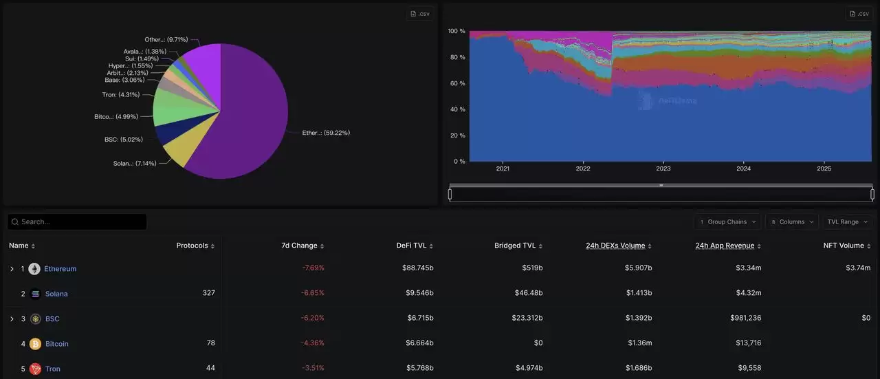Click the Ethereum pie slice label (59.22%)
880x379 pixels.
point(326,133)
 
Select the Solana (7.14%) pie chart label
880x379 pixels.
point(134,164)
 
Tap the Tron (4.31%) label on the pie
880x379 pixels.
point(120,95)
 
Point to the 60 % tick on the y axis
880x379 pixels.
point(457,83)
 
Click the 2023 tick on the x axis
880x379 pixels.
point(663,169)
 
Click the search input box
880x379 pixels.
point(77,221)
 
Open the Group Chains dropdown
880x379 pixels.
point(727,221)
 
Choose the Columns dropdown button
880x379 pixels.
point(791,221)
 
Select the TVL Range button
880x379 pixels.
point(848,221)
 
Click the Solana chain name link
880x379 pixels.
point(56,294)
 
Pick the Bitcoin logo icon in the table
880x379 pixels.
point(35,344)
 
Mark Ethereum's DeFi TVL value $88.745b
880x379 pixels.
point(417,268)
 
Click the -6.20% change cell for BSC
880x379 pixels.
point(313,318)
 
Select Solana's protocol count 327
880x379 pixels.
point(208,293)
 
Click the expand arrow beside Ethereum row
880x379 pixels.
point(12,269)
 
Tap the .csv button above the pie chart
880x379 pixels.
point(419,14)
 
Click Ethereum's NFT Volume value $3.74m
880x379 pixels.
point(858,268)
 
